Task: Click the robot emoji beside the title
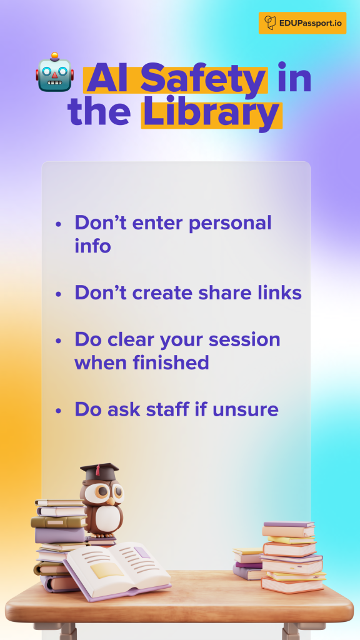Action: point(55,72)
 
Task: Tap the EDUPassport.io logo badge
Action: point(302,23)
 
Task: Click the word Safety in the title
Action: point(204,78)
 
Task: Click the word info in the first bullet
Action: point(92,246)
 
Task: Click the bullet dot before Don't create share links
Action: point(58,294)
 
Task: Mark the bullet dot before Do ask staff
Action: point(58,410)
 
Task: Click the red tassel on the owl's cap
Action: point(97,470)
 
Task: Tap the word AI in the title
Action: point(110,78)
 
